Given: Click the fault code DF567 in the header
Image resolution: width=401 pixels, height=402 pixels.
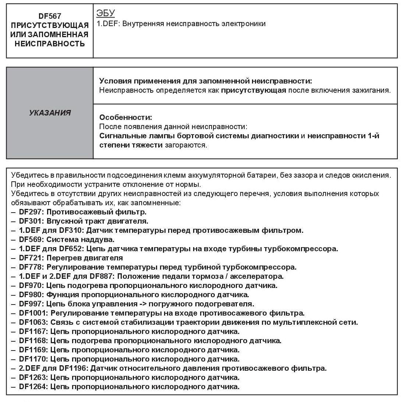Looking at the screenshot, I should click(x=50, y=16).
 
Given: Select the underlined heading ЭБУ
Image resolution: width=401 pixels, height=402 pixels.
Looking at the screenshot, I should click(x=106, y=14).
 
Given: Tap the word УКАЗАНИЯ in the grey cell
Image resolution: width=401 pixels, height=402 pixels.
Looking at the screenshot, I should click(x=50, y=113).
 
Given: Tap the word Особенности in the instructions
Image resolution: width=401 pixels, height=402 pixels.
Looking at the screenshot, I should click(x=125, y=118).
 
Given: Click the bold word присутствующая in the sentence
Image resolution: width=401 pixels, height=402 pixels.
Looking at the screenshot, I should click(x=253, y=90).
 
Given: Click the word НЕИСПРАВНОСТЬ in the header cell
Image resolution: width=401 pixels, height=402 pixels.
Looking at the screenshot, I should click(x=50, y=44).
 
